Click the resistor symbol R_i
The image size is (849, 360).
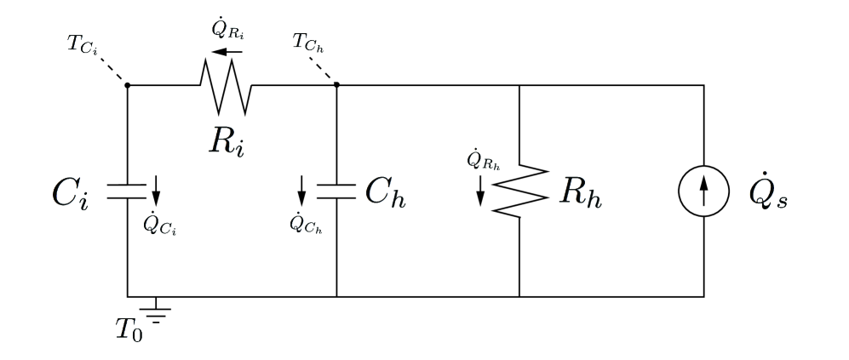coord(225,86)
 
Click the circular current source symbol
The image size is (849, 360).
coord(703,192)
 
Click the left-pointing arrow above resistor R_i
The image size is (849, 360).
coord(227,52)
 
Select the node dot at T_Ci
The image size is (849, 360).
coord(128,84)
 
